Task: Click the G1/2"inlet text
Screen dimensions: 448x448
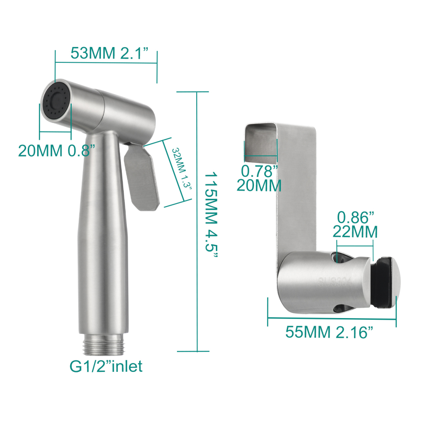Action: pos(106,366)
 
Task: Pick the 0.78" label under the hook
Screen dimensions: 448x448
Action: pos(259,170)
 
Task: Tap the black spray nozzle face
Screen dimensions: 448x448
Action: pos(56,101)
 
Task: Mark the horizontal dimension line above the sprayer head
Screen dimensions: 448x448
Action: pos(106,63)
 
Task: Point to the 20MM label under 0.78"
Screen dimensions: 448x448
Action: pos(259,185)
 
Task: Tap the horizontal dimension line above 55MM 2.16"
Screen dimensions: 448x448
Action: pos(332,319)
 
